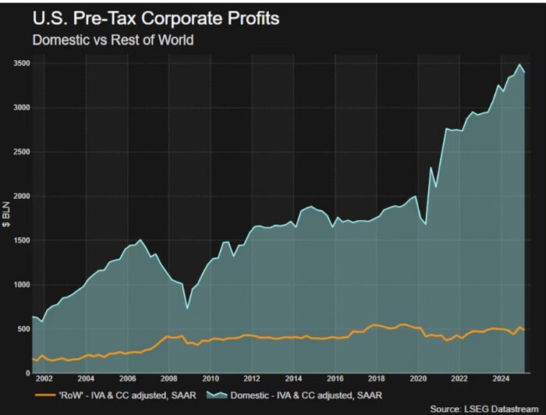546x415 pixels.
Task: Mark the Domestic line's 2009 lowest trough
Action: tap(187, 309)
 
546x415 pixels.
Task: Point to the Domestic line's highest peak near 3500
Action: tap(520, 64)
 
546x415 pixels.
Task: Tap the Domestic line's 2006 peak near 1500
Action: tap(140, 240)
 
